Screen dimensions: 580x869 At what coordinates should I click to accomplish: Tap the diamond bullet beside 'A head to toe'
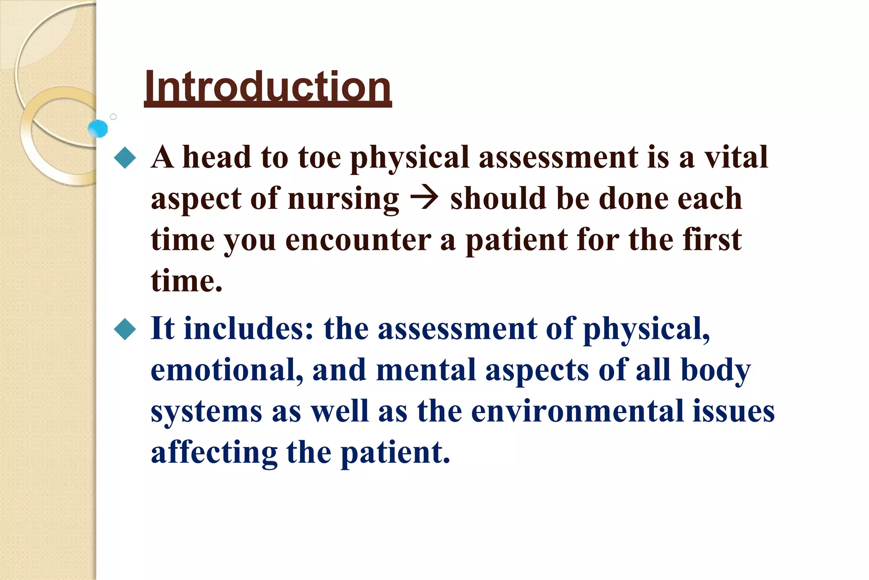[x=125, y=158]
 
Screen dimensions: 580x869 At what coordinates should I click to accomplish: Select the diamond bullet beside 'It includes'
[x=125, y=329]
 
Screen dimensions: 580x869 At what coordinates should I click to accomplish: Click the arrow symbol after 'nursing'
[x=424, y=199]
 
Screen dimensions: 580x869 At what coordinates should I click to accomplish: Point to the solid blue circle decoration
[x=98, y=129]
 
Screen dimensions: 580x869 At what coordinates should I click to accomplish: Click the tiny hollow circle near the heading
[x=113, y=117]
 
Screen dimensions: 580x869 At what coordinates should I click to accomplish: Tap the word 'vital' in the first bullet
[x=736, y=157]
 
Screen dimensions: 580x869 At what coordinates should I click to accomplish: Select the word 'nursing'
[x=344, y=200]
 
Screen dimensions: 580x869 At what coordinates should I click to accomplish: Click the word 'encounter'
[x=358, y=240]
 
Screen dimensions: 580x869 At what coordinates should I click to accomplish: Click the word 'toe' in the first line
[x=320, y=157]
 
